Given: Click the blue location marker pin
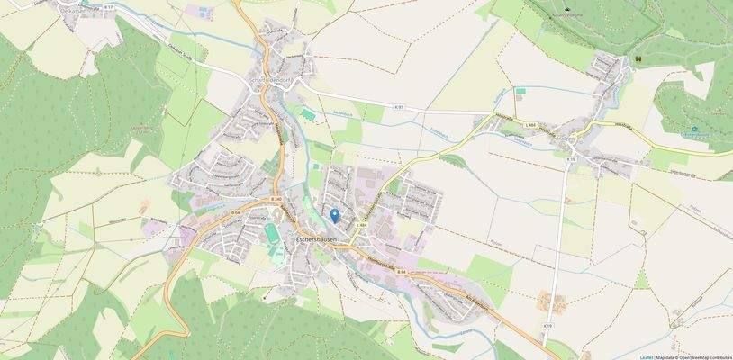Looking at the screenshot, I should pos(335,215).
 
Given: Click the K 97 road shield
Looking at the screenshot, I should pos(399,106).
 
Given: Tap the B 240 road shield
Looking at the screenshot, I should pos(276,200).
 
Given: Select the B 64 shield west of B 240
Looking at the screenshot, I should pos(235,211).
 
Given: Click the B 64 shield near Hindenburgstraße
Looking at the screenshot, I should pos(401,271).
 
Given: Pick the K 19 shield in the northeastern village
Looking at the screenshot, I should pos(571,159).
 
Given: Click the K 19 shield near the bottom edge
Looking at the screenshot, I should pos(547,325).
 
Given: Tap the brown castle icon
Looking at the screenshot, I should pos(638,58).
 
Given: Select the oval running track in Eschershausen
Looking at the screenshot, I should pos(272,233).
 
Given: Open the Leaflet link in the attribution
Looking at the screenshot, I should pos(646,356).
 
